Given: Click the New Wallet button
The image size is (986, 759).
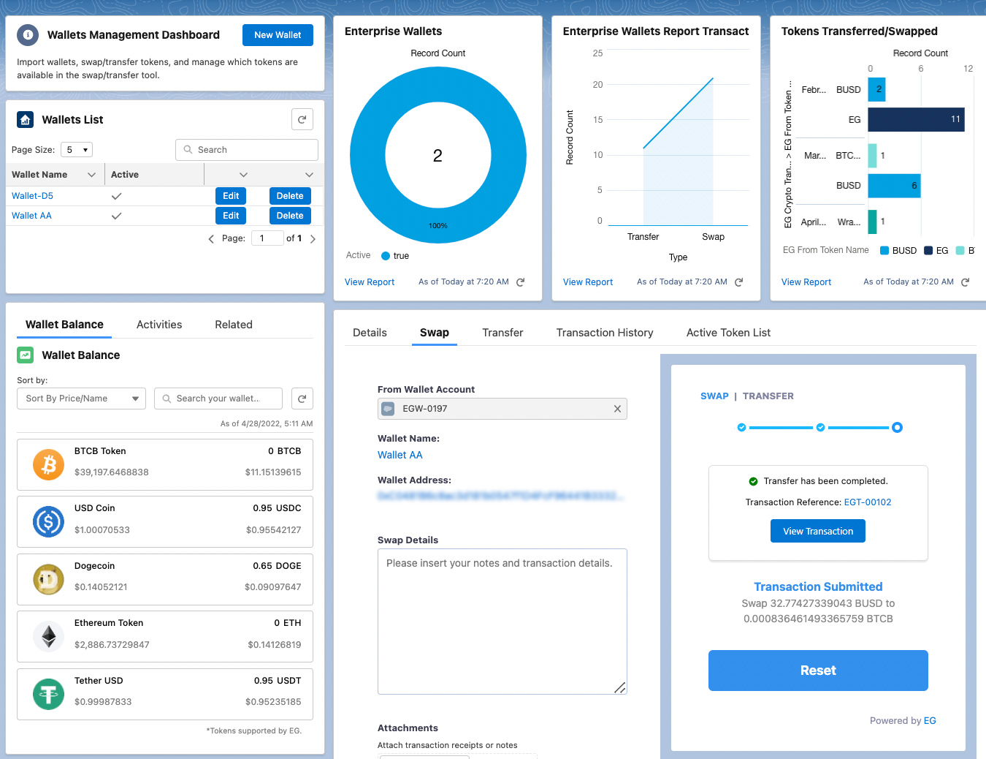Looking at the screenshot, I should (x=278, y=35).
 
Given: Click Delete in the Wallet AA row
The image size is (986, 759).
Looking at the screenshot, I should (x=290, y=216).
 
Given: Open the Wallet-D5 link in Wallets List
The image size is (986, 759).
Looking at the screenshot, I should (x=32, y=196).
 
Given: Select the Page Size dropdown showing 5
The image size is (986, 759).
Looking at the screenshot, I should (x=77, y=150).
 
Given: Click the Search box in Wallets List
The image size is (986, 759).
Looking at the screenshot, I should (x=247, y=150).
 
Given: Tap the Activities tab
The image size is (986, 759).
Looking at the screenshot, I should (x=159, y=325).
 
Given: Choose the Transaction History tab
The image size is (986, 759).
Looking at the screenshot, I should (x=605, y=333).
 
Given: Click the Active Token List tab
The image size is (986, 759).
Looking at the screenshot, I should (x=728, y=333).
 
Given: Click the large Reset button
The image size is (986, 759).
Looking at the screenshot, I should (x=818, y=671).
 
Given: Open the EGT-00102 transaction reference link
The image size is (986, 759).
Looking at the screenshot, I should (x=868, y=502).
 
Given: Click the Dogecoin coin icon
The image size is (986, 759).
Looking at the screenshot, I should (x=49, y=580).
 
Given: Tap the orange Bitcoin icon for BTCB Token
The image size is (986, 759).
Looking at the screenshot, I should (x=49, y=465).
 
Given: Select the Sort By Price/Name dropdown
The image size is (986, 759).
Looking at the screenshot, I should (x=81, y=399).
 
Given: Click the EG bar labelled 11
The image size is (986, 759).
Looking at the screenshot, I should (x=916, y=120).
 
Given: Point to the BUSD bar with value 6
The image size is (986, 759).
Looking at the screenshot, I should (x=894, y=186).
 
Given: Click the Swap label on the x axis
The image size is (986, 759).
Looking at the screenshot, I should (x=713, y=237).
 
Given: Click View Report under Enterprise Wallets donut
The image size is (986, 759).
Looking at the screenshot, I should (x=370, y=282).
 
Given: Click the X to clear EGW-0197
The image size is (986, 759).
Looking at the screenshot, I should (x=617, y=409).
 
